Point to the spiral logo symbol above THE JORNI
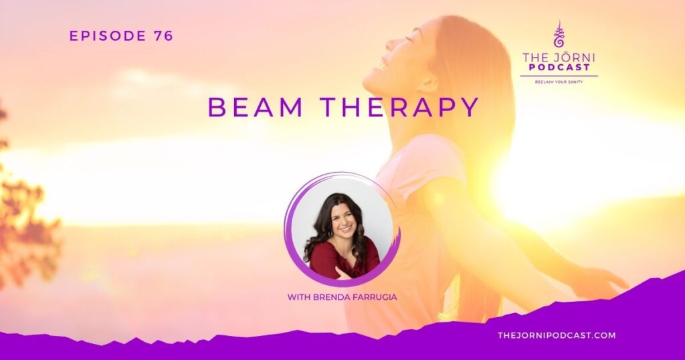(559, 35)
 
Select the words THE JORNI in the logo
(559, 57)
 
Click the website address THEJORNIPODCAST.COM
(557, 335)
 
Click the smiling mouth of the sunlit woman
(381, 65)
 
